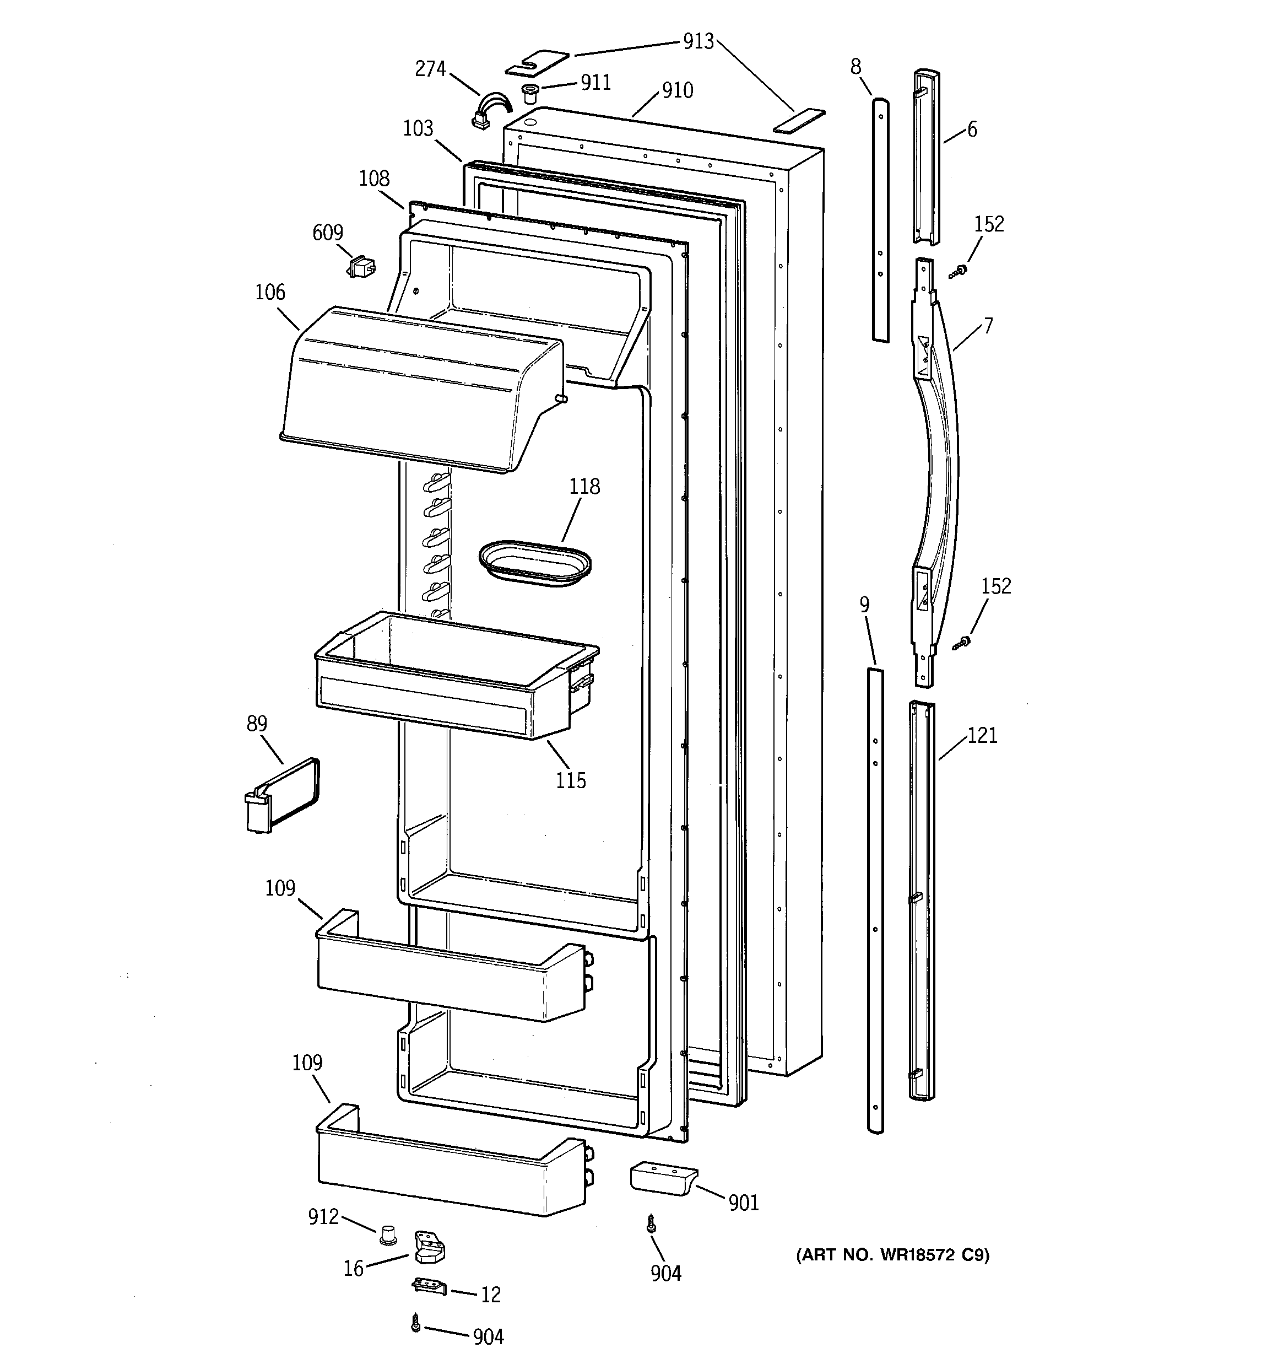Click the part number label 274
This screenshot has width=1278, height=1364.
(431, 69)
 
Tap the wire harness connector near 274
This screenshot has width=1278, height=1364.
(489, 112)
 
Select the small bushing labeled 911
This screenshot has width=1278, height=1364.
(529, 93)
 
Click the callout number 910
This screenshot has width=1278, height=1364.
(677, 90)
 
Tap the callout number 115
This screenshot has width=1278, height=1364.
(571, 781)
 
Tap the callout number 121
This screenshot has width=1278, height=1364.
(982, 736)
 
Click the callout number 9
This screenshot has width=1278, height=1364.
(864, 605)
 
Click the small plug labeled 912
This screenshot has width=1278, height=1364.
(389, 1236)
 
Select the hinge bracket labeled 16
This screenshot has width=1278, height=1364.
(427, 1246)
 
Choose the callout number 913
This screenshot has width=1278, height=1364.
(698, 42)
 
